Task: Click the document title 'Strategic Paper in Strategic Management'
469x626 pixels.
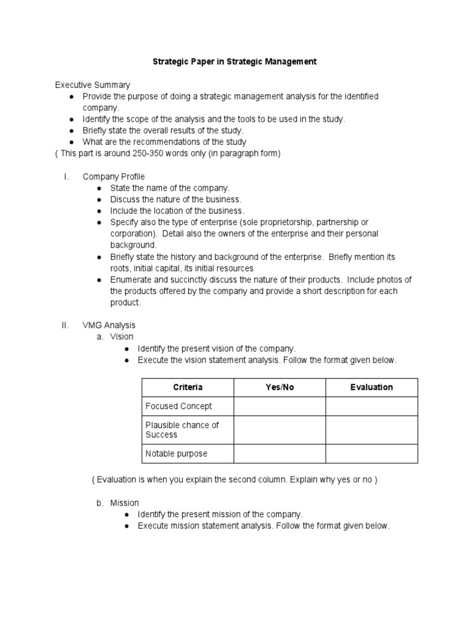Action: tap(234, 62)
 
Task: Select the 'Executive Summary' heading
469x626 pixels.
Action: tap(92, 85)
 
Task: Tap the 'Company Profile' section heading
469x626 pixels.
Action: tap(114, 177)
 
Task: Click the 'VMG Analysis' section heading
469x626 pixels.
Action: tap(109, 325)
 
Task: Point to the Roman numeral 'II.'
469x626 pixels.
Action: tap(66, 325)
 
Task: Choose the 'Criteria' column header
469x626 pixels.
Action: tap(187, 388)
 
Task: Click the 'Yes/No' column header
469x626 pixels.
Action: tap(279, 388)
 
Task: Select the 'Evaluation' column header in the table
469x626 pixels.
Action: tap(371, 388)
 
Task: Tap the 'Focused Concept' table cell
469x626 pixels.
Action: tap(179, 406)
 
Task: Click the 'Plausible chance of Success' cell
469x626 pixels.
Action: tap(182, 430)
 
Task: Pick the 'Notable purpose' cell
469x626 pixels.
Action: tap(176, 454)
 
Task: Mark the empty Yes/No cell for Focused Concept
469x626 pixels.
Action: tap(279, 406)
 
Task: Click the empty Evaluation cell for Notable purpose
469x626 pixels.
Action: tap(371, 454)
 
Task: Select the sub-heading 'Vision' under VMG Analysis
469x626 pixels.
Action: tap(122, 337)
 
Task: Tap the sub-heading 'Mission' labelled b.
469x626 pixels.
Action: tap(125, 503)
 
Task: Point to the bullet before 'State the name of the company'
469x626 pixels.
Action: tap(99, 188)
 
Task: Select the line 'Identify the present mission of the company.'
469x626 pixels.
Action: tap(220, 515)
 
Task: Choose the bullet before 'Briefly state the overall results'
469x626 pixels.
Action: tap(71, 131)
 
